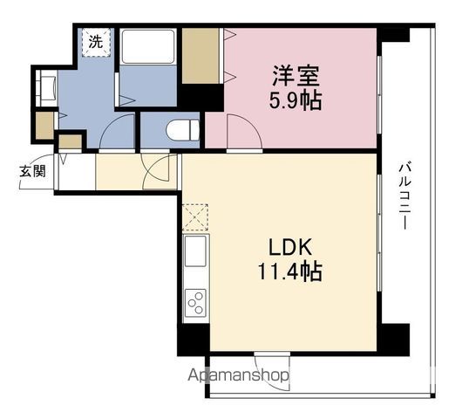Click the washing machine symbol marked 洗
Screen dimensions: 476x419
click(x=96, y=42)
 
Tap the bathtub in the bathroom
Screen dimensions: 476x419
click(x=148, y=46)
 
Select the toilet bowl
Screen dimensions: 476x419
click(x=183, y=130)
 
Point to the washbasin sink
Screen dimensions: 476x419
click(x=46, y=88)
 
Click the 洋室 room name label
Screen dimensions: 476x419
click(x=296, y=76)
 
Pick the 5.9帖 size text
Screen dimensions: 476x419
click(x=296, y=100)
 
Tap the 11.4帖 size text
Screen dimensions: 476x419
click(x=290, y=271)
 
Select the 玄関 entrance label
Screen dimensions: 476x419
click(x=32, y=171)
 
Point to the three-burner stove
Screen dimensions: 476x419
click(x=195, y=303)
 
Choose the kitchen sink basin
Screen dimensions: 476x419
click(x=195, y=251)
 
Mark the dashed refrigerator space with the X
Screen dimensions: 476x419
click(x=195, y=217)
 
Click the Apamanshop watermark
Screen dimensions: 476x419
click(x=238, y=375)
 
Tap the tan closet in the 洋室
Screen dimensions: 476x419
click(x=201, y=56)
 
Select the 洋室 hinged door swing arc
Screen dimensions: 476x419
click(x=244, y=131)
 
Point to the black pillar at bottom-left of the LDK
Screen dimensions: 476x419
click(x=194, y=340)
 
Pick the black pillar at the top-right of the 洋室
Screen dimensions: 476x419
click(x=393, y=35)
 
